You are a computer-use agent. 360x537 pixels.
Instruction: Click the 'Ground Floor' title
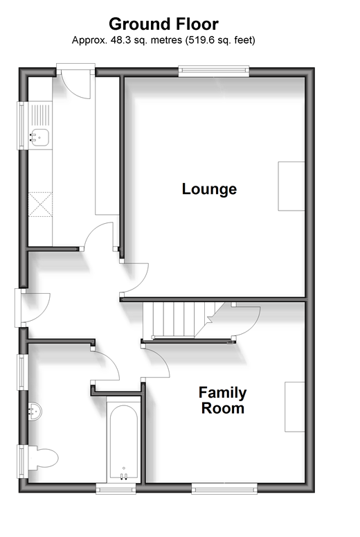(163, 24)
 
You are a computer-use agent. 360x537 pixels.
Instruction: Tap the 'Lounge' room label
(209, 188)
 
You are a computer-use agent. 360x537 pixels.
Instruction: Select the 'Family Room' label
(222, 400)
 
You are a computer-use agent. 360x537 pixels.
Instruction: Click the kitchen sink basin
(40, 137)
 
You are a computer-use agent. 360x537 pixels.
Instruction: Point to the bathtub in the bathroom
(123, 441)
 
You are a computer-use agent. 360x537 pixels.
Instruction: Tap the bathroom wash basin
(35, 411)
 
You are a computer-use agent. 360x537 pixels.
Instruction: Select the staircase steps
(183, 319)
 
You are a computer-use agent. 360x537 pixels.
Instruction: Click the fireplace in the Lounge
(291, 186)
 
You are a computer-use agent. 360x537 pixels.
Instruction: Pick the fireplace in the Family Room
(295, 407)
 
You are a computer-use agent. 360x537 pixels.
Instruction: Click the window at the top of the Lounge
(213, 71)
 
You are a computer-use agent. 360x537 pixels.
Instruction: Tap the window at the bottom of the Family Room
(224, 488)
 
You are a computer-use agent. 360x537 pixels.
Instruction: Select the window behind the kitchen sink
(22, 125)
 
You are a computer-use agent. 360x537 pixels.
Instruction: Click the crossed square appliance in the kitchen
(40, 204)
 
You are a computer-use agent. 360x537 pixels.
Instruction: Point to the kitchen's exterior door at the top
(75, 81)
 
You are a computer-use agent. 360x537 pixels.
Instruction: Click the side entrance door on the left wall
(33, 308)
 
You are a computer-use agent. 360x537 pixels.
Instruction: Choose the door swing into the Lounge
(134, 278)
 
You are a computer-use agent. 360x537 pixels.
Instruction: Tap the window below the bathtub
(116, 488)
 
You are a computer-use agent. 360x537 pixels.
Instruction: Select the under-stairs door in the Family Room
(246, 322)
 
